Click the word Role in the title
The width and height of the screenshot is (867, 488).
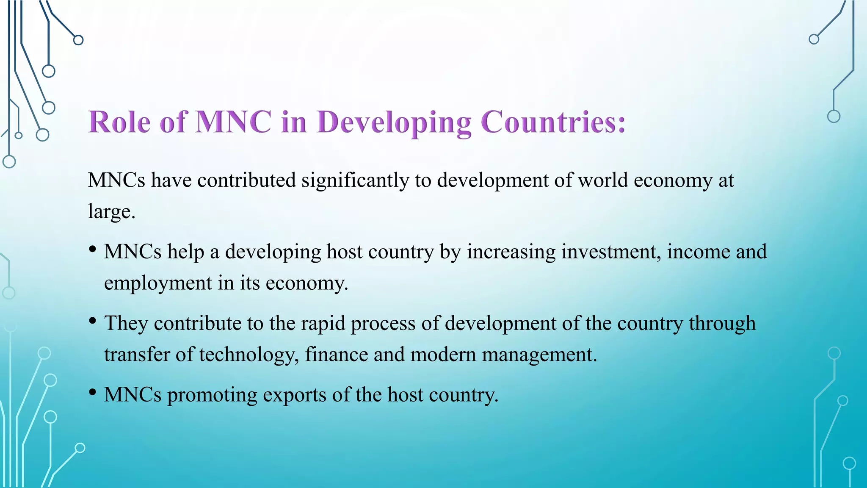[x=119, y=122]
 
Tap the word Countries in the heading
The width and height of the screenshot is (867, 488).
[x=553, y=122]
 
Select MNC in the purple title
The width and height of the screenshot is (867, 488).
[x=233, y=122]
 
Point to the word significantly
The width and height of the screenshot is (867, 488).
[x=355, y=180]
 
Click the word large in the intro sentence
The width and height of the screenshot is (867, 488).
[x=109, y=211]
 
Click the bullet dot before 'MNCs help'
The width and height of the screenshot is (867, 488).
[x=93, y=250]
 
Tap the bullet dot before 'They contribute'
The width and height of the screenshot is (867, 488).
[x=93, y=321]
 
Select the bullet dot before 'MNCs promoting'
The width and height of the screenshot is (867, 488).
[x=93, y=393]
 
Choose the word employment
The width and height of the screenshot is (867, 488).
[x=158, y=283]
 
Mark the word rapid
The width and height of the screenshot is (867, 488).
[x=323, y=323]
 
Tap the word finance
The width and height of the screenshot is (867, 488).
[x=336, y=355]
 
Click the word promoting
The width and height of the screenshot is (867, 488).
[x=212, y=395]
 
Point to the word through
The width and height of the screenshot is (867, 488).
[x=722, y=323]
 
